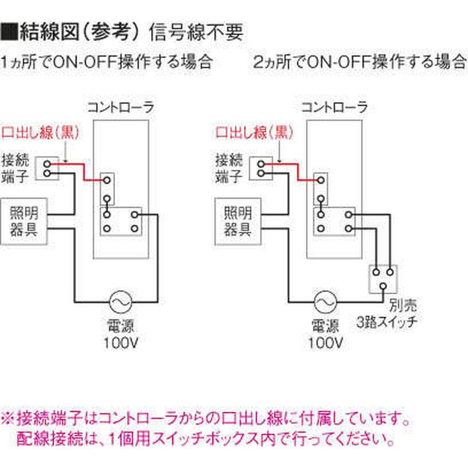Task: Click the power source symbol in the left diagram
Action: coord(121,303)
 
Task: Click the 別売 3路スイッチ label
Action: coord(387,314)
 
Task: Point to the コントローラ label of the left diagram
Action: coord(121,108)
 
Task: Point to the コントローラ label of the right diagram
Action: coord(334,108)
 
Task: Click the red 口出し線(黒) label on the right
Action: coord(254,133)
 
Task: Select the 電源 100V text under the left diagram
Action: coord(121,335)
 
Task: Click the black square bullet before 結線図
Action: coord(9,32)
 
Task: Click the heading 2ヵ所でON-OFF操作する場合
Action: coord(359,62)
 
